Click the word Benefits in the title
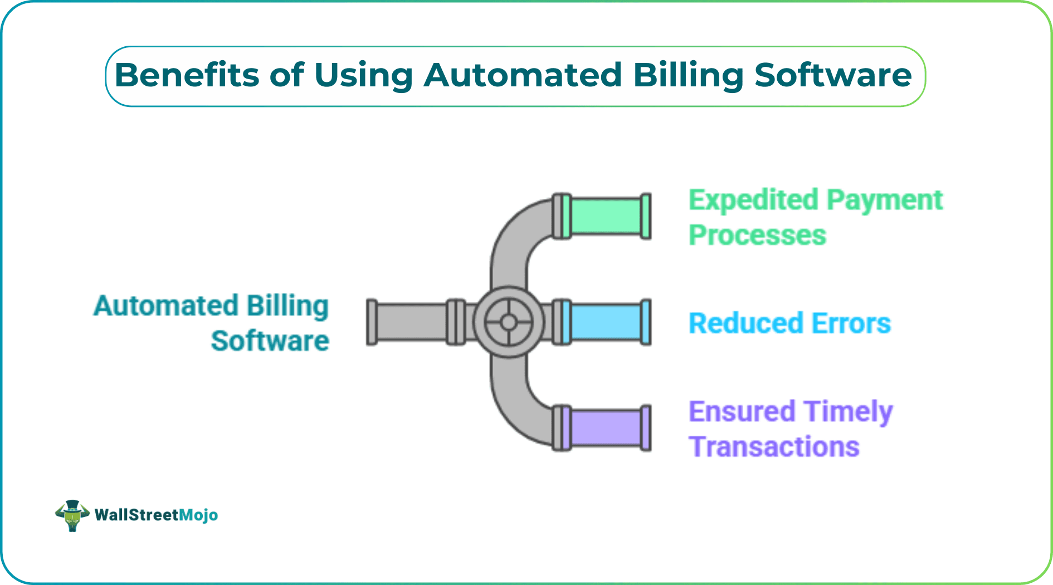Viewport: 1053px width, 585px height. (x=187, y=75)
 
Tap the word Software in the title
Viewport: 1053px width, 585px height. (x=832, y=75)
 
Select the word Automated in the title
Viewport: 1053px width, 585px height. (x=523, y=75)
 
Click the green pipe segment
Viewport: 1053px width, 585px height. (x=606, y=216)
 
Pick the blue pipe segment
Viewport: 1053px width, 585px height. (x=606, y=322)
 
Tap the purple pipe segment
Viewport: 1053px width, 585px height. (x=606, y=428)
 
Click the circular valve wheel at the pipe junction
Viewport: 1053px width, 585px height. (x=508, y=322)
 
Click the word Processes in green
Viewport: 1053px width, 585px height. (x=757, y=235)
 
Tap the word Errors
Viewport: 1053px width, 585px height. (x=851, y=323)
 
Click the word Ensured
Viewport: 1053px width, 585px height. (x=742, y=412)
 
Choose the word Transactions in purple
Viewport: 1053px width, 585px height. (x=774, y=447)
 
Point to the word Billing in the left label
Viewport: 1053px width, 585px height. (x=287, y=306)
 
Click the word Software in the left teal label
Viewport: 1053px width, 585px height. (x=270, y=341)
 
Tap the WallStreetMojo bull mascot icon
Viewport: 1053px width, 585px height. (x=72, y=515)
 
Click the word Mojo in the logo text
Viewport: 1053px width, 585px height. (x=198, y=515)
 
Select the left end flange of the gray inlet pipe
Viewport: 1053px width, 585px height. (x=372, y=322)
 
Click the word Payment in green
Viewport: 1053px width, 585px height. (x=885, y=201)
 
